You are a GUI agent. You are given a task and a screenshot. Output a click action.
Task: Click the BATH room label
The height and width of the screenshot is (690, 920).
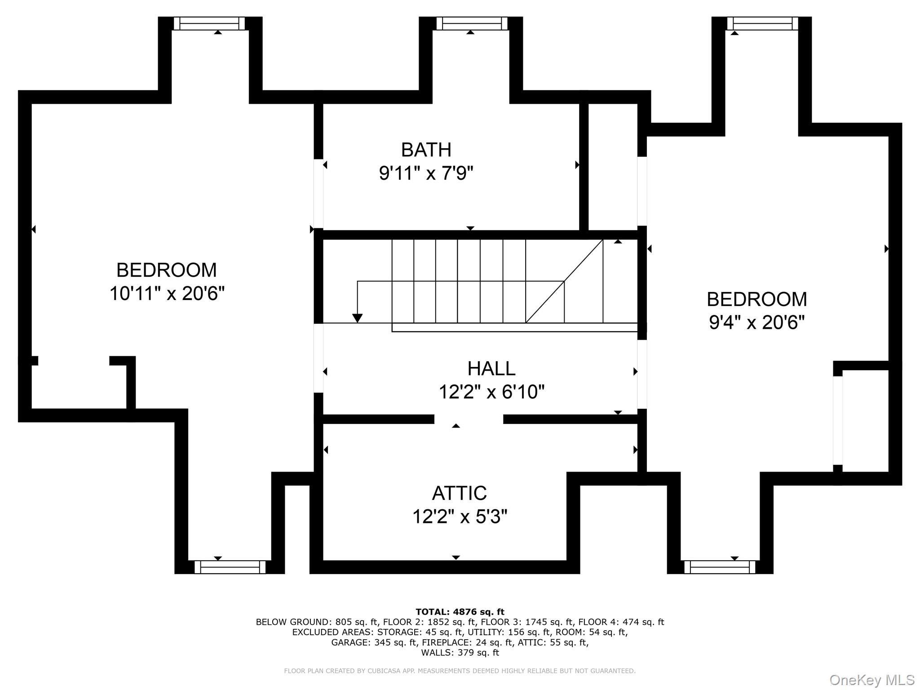tap(426, 150)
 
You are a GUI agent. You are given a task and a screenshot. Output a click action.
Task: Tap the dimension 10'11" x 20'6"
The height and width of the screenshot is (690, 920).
tap(167, 294)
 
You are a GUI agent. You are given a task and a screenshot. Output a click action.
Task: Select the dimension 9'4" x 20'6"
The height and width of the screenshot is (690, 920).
tap(756, 323)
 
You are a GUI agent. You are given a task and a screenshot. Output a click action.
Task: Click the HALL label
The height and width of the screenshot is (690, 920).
tap(491, 369)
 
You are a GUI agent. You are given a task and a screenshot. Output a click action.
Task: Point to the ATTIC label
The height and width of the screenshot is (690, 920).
tap(459, 493)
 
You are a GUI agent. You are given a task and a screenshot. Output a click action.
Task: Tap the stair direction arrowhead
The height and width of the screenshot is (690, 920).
tap(357, 318)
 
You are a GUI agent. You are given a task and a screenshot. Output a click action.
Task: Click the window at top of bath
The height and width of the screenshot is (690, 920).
tap(471, 23)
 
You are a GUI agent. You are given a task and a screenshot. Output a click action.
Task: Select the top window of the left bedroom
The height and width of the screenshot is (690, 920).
tap(209, 23)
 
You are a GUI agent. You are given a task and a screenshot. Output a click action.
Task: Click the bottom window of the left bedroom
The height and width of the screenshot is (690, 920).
tap(230, 567)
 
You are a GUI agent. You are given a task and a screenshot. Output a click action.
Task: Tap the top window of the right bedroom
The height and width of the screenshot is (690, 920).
tap(762, 23)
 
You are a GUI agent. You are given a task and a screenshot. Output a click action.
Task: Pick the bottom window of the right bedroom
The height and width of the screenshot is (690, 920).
tap(720, 567)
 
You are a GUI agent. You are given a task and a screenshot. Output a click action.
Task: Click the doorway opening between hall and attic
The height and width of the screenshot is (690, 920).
tap(469, 419)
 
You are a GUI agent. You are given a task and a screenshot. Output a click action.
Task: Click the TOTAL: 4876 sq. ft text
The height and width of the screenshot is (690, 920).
tap(460, 612)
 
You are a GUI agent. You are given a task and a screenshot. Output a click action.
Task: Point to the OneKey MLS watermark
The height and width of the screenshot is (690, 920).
tap(871, 680)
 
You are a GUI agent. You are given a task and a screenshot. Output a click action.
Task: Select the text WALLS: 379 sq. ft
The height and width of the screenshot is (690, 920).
tap(460, 653)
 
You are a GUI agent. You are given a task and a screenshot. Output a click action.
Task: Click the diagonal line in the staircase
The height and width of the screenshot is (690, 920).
tap(564, 281)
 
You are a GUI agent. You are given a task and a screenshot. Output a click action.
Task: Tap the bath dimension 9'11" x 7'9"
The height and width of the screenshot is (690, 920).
tap(426, 173)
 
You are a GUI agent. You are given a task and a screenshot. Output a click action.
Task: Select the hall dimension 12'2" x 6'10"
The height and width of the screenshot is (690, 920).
tap(491, 392)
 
